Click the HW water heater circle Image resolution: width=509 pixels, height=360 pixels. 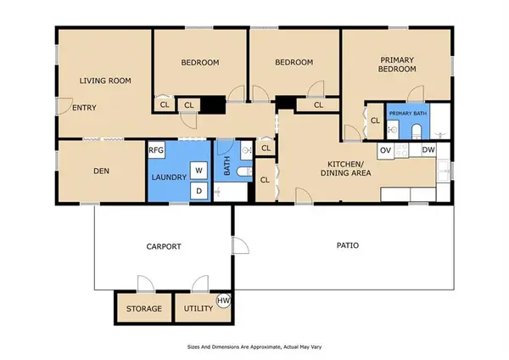[x=223, y=301]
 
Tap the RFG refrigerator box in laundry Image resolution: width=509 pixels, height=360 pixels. [x=156, y=150]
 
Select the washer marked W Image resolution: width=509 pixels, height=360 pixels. [x=199, y=171]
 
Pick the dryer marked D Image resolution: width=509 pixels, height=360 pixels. [x=199, y=191]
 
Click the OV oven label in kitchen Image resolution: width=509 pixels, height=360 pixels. [x=385, y=150]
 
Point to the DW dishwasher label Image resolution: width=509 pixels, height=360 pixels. [x=428, y=149]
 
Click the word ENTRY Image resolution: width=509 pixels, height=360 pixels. [x=84, y=108]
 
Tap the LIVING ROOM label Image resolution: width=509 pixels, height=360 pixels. [x=105, y=81]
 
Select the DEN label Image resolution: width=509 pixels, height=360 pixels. [x=101, y=171]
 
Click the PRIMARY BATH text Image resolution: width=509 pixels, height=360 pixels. [x=408, y=114]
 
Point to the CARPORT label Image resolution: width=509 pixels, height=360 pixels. [x=164, y=246]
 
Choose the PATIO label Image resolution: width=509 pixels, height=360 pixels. [x=348, y=245]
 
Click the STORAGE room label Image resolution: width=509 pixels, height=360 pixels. [x=144, y=309]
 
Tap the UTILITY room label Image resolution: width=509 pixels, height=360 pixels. [x=199, y=308]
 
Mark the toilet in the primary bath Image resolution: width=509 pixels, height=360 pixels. [x=416, y=132]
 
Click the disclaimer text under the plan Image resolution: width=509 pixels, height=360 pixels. [x=255, y=347]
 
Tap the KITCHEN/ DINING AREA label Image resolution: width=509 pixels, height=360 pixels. [x=346, y=168]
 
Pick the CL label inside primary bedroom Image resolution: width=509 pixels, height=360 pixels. [x=375, y=121]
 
